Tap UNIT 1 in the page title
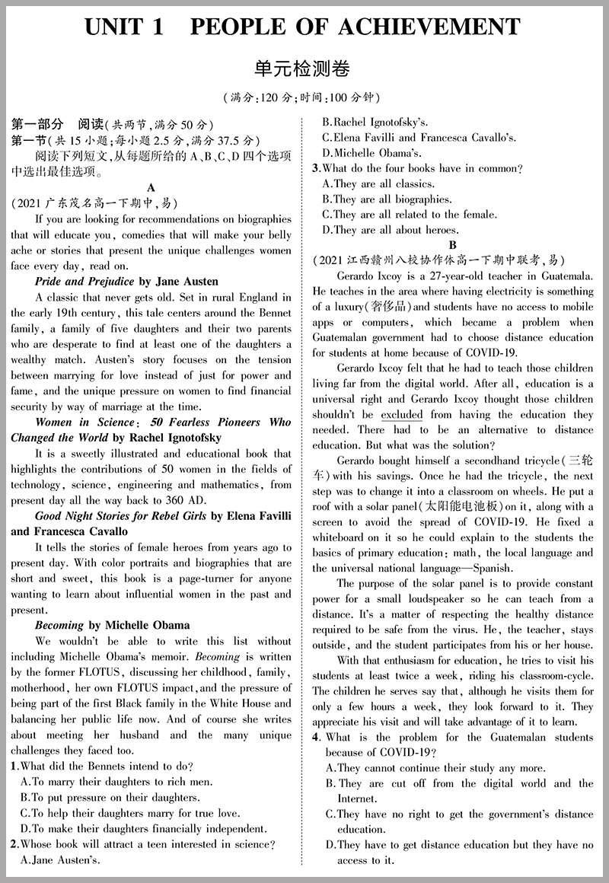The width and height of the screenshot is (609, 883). [125, 27]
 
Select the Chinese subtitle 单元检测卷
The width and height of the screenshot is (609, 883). [304, 69]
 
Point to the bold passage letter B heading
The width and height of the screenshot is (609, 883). [452, 245]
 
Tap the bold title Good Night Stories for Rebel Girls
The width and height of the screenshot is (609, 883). [120, 516]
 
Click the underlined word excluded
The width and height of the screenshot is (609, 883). [401, 415]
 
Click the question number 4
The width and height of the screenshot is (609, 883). [315, 738]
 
